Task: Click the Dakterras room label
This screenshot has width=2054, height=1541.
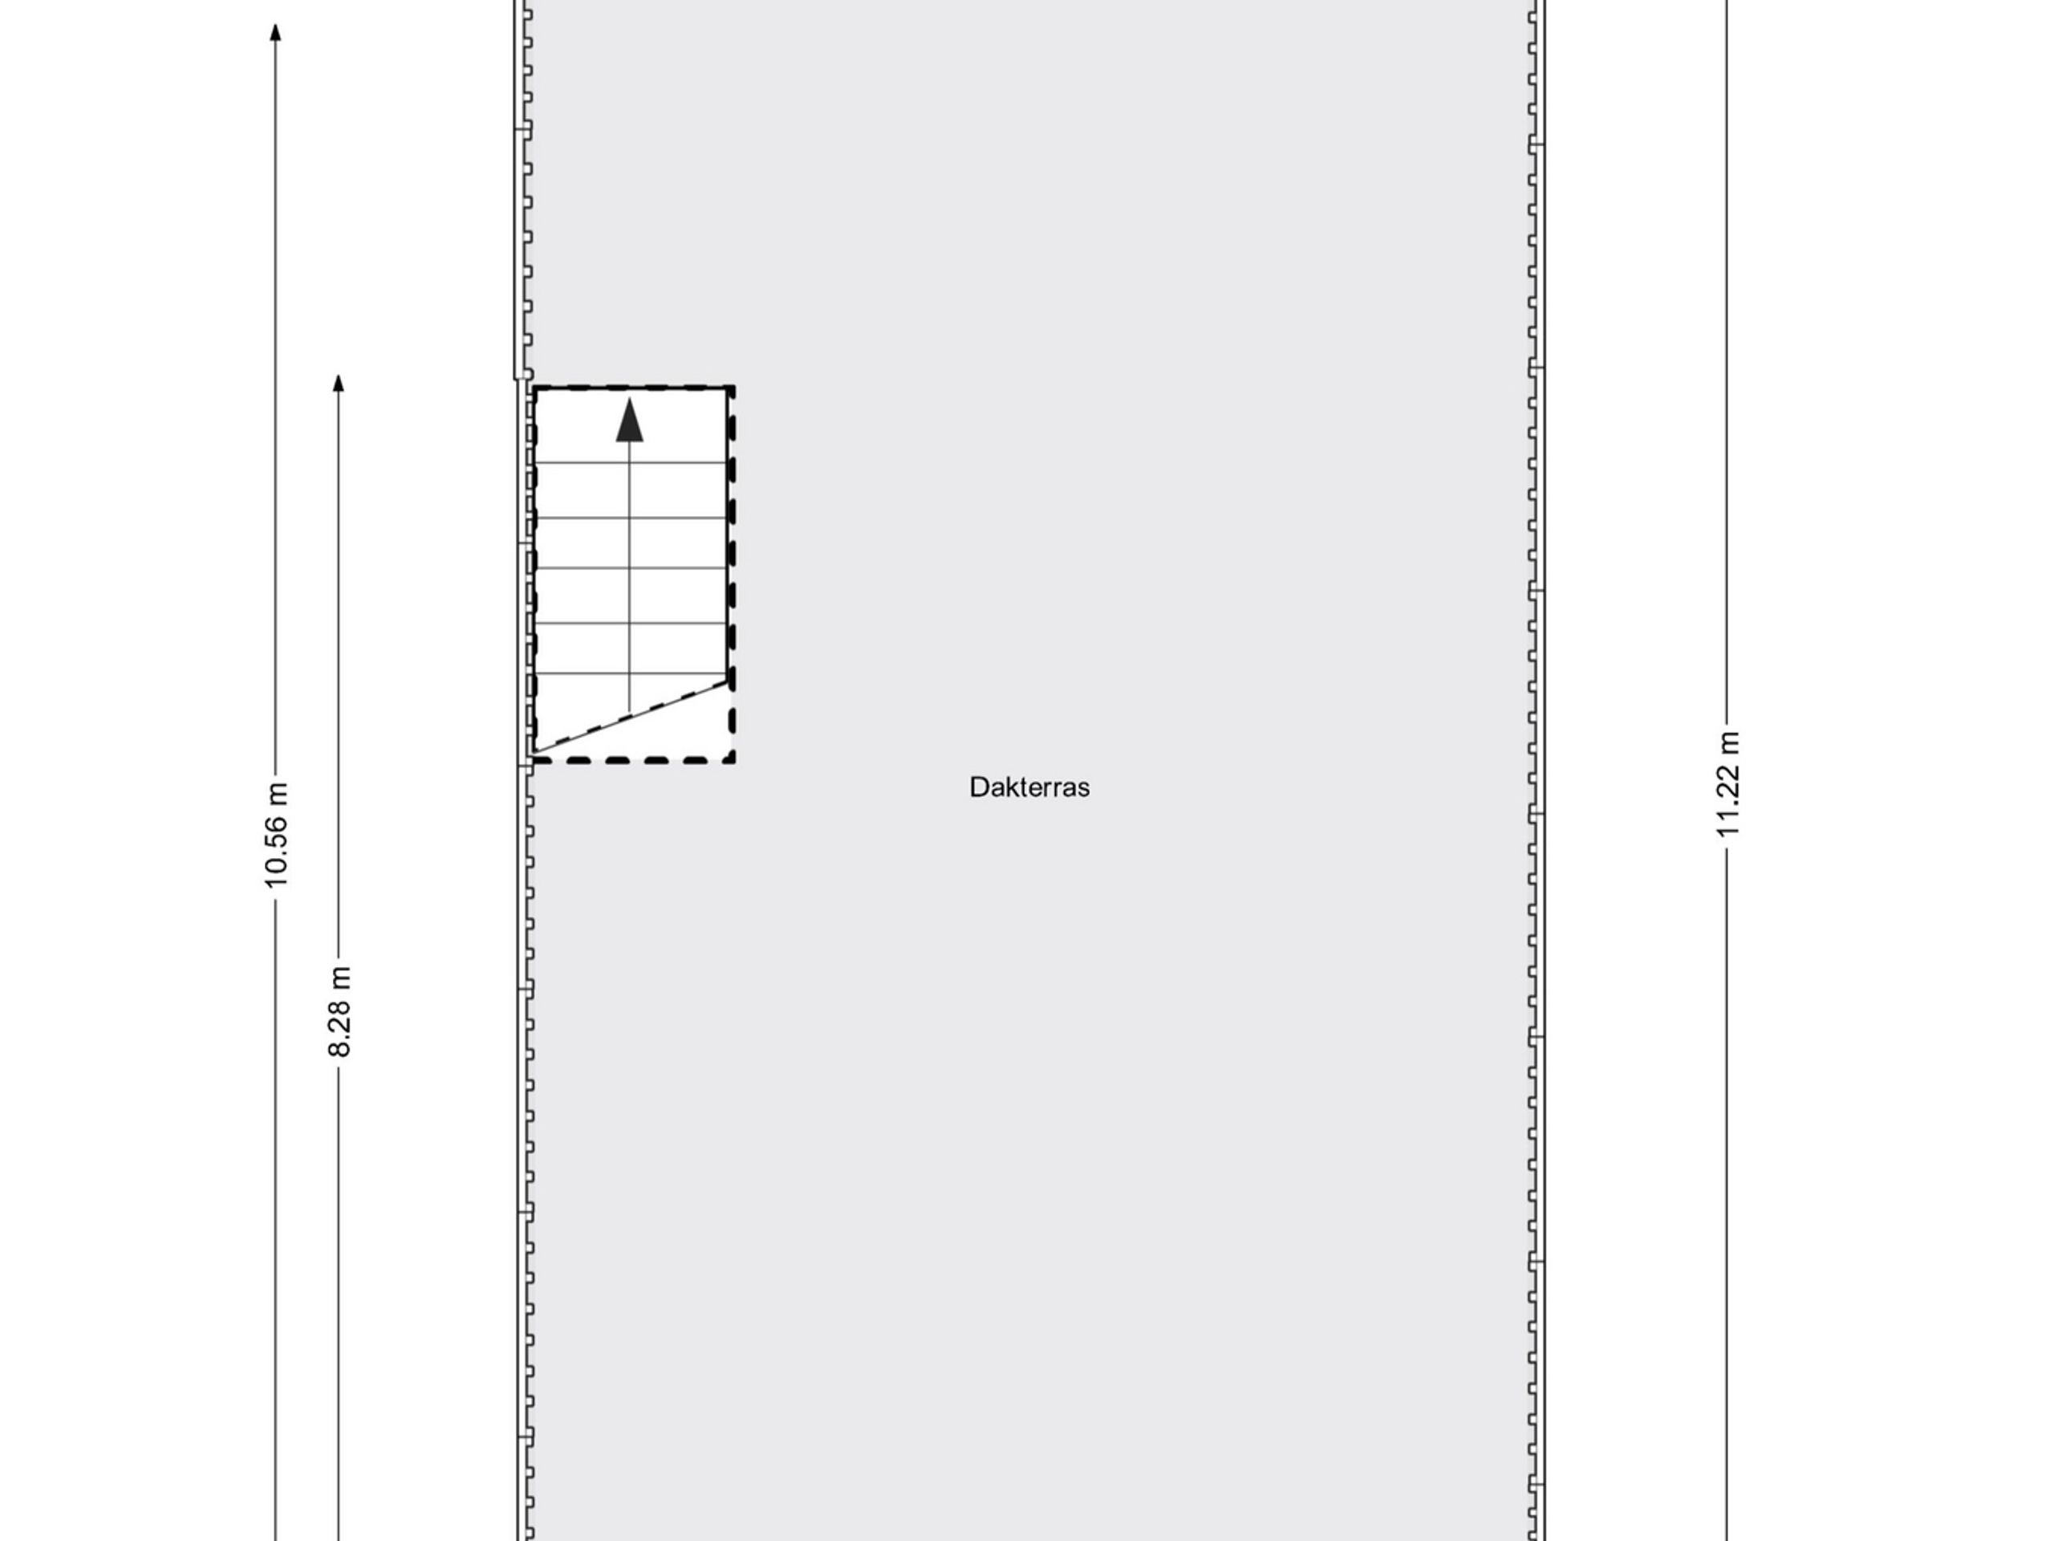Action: tap(1029, 787)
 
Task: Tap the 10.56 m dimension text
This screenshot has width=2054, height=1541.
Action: tap(276, 835)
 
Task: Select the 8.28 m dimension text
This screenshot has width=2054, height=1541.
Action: tap(339, 1011)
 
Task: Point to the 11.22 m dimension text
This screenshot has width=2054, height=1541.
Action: tap(1727, 784)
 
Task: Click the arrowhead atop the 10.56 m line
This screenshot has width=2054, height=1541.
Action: tap(276, 33)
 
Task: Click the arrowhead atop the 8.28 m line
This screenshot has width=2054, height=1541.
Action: tap(339, 383)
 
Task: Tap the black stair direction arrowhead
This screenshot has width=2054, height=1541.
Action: tap(630, 420)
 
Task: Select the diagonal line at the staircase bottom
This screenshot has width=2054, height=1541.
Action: tap(631, 716)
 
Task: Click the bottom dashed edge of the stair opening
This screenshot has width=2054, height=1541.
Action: tap(634, 761)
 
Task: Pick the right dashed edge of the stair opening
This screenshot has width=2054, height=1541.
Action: tap(732, 574)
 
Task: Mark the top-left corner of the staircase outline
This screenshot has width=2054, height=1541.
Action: tap(535, 388)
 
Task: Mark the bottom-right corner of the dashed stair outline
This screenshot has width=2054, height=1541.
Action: tap(733, 761)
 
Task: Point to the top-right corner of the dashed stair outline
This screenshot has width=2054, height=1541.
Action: tap(732, 388)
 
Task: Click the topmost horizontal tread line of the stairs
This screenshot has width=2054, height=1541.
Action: tap(631, 462)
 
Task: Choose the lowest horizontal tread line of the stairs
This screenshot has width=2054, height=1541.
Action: tap(631, 673)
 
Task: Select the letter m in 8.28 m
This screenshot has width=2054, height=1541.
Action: tap(341, 978)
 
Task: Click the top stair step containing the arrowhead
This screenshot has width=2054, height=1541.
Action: tap(631, 426)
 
